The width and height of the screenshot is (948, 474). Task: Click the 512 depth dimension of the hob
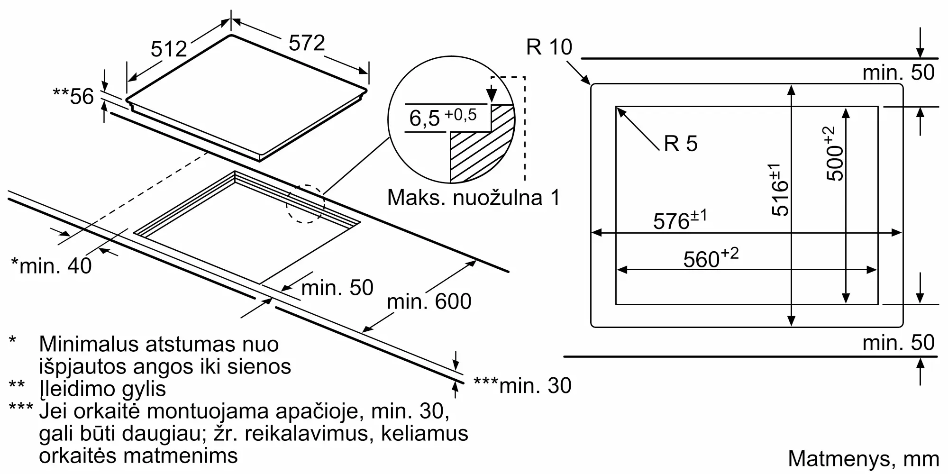tap(169, 48)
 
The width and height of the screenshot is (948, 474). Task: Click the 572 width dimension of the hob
tap(307, 43)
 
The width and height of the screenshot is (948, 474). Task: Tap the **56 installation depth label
tap(73, 97)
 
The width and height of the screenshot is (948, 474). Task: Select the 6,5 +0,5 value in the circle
tap(443, 117)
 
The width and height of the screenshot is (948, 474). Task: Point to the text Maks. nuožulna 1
tap(474, 197)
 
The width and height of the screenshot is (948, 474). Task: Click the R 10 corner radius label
tap(549, 47)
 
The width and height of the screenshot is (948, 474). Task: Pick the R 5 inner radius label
tap(681, 143)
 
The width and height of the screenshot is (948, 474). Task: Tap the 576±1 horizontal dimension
tap(680, 220)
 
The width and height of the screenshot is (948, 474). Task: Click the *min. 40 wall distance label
tap(51, 265)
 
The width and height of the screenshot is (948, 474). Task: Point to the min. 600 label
tap(429, 301)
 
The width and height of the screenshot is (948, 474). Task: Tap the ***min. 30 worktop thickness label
tap(522, 385)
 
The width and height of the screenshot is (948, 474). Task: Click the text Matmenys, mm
tap(863, 459)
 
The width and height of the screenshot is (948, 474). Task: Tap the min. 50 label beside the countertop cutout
tap(337, 288)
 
